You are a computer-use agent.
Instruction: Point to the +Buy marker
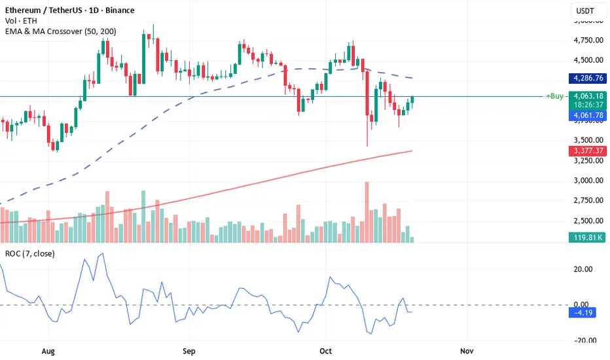click(555, 96)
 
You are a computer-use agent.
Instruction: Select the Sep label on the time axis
click(190, 350)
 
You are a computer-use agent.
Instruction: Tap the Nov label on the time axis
click(465, 350)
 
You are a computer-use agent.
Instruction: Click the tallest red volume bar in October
click(367, 212)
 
